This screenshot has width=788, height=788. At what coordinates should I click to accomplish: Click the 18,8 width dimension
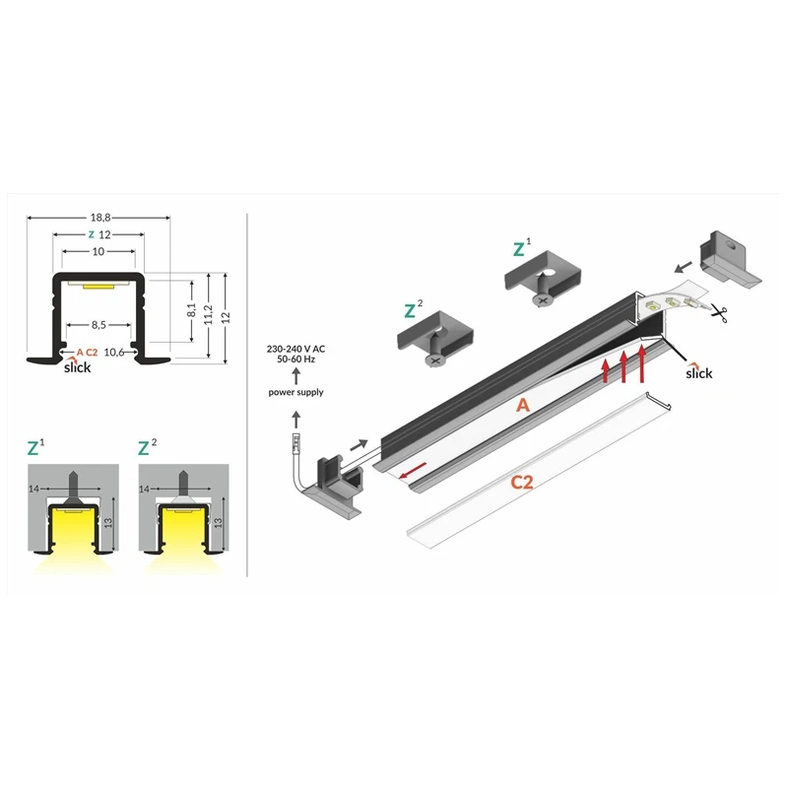100,218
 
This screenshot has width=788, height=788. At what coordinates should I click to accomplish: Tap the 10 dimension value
98,251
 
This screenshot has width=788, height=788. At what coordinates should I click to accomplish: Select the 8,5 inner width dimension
98,325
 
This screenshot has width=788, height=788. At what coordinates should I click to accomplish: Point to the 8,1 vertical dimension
191,310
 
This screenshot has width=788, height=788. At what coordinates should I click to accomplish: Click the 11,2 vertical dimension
209,314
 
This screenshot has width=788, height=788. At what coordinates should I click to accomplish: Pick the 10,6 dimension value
114,353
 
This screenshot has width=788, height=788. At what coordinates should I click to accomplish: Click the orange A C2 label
87,353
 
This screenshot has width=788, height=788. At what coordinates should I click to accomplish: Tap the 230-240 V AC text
295,349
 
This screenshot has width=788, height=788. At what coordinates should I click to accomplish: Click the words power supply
295,392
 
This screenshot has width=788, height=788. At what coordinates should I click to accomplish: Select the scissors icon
719,313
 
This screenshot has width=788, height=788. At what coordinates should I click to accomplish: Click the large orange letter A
523,405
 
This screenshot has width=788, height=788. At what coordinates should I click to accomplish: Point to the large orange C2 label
522,483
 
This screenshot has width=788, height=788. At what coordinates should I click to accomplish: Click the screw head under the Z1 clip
541,300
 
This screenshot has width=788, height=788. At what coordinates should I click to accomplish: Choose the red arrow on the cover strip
413,471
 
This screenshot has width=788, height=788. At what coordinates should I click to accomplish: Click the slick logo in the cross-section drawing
78,366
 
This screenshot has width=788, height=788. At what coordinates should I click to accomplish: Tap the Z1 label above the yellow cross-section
35,446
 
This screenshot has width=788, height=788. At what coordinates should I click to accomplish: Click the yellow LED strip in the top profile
98,287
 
